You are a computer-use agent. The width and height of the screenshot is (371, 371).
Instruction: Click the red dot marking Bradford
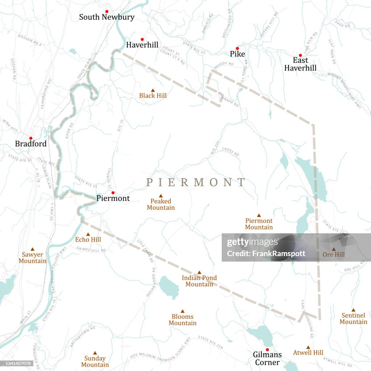30,138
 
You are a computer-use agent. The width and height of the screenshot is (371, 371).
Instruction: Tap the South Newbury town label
107,17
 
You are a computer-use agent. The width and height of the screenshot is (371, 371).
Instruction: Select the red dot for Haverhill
142,39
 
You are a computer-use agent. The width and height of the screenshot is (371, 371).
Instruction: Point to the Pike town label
237,54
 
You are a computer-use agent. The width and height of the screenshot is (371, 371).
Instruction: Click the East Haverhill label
300,64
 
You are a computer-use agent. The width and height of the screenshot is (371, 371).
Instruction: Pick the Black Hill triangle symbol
153,90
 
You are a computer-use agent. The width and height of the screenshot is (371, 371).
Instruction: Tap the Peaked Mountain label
161,204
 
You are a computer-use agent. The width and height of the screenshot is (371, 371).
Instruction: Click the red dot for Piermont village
113,193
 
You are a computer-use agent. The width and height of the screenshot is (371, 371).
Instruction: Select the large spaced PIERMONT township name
196,182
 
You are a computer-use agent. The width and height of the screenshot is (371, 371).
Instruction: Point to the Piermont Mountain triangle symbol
259,215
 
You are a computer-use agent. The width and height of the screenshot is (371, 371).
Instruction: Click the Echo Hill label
88,240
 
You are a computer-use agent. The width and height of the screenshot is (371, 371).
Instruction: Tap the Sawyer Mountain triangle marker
32,249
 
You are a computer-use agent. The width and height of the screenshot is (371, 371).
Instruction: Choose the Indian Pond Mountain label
199,281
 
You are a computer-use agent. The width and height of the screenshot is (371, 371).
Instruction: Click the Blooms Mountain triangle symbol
182,311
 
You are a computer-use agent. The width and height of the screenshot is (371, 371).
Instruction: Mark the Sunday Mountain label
95,362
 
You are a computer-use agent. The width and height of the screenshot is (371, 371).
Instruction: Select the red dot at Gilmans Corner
267,350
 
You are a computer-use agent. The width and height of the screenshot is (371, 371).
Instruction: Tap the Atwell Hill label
308,353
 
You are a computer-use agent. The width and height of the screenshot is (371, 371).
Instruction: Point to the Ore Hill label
333,255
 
